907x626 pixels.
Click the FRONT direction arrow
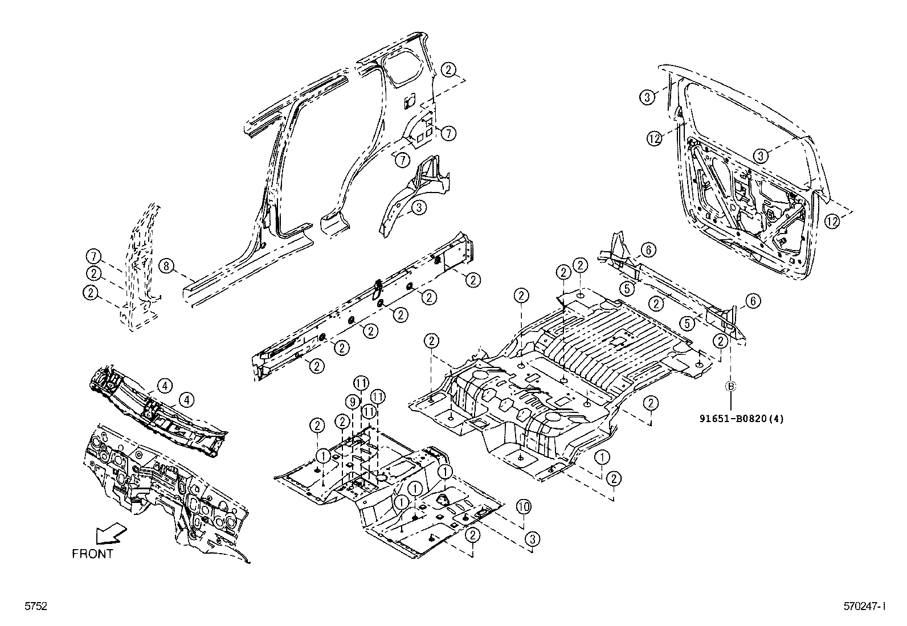[111, 534]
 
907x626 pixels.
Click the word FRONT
[92, 554]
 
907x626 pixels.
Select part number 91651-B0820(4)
[742, 418]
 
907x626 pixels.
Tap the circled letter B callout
[730, 386]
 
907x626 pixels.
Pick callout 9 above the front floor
[353, 402]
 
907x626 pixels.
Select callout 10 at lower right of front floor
[524, 506]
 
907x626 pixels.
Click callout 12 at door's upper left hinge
[655, 137]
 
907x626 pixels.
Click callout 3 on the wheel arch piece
[419, 208]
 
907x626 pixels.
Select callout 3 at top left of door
[646, 97]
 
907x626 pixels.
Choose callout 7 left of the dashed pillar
[94, 256]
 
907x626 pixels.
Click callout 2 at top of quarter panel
[449, 69]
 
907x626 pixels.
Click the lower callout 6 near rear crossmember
[753, 301]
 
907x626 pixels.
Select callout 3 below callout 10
[532, 538]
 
